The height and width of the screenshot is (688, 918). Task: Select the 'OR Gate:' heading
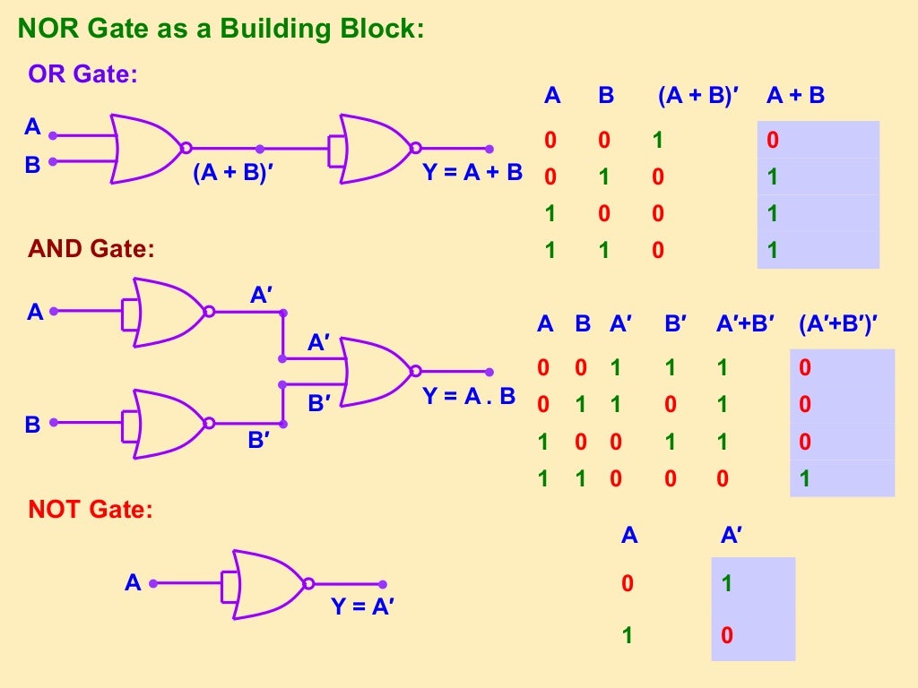82,73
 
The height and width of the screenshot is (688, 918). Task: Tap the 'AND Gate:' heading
91,249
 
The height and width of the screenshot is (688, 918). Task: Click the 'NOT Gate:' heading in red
91,511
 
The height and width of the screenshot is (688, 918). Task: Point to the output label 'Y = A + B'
472,172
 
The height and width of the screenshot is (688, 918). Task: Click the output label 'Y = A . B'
469,395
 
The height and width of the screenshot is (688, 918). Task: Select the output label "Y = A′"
363,606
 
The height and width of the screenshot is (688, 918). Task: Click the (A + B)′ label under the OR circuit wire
232,174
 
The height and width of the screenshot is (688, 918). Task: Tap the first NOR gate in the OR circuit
147,148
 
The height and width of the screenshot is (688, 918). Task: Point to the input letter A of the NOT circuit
133,583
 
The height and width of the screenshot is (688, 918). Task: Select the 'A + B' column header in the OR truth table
795,96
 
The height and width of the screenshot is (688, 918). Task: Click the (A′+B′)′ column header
837,324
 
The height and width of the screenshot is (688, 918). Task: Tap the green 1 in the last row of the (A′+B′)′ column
805,478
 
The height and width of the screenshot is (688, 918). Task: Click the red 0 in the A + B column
773,141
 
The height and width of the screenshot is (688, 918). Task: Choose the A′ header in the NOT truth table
732,536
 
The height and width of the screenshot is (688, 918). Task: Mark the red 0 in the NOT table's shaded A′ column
727,636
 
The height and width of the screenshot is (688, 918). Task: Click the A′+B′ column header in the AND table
745,324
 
